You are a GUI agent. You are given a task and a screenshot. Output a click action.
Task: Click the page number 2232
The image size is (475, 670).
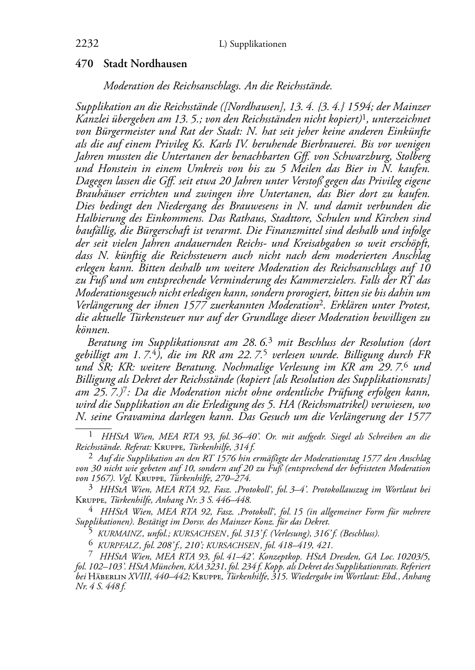tap(87, 44)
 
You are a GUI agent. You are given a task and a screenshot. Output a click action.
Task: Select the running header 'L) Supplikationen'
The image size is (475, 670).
tap(253, 44)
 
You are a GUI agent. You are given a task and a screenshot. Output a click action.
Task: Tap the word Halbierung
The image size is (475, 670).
tap(101, 218)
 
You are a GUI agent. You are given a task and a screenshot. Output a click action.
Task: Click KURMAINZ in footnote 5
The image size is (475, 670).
tap(120, 534)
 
